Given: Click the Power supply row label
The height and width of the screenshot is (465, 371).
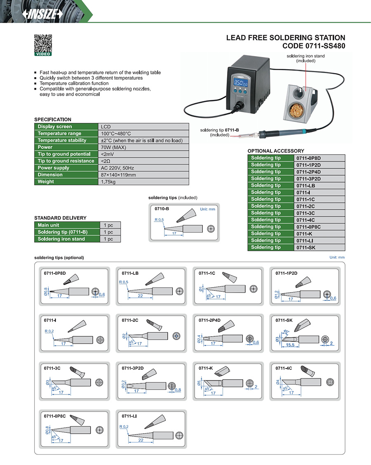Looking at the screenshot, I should (54, 168).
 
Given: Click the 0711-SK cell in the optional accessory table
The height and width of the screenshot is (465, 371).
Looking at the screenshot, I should (305, 247).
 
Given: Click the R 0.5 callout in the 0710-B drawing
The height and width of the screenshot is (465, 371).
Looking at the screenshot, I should (159, 220).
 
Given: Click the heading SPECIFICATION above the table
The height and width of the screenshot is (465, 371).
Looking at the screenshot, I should (52, 120).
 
